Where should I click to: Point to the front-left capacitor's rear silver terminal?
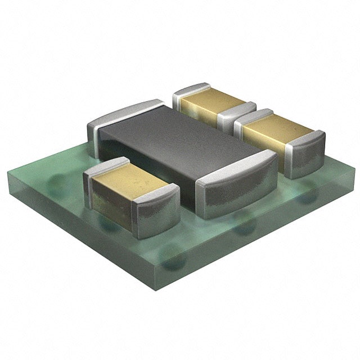(x=104, y=169)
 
